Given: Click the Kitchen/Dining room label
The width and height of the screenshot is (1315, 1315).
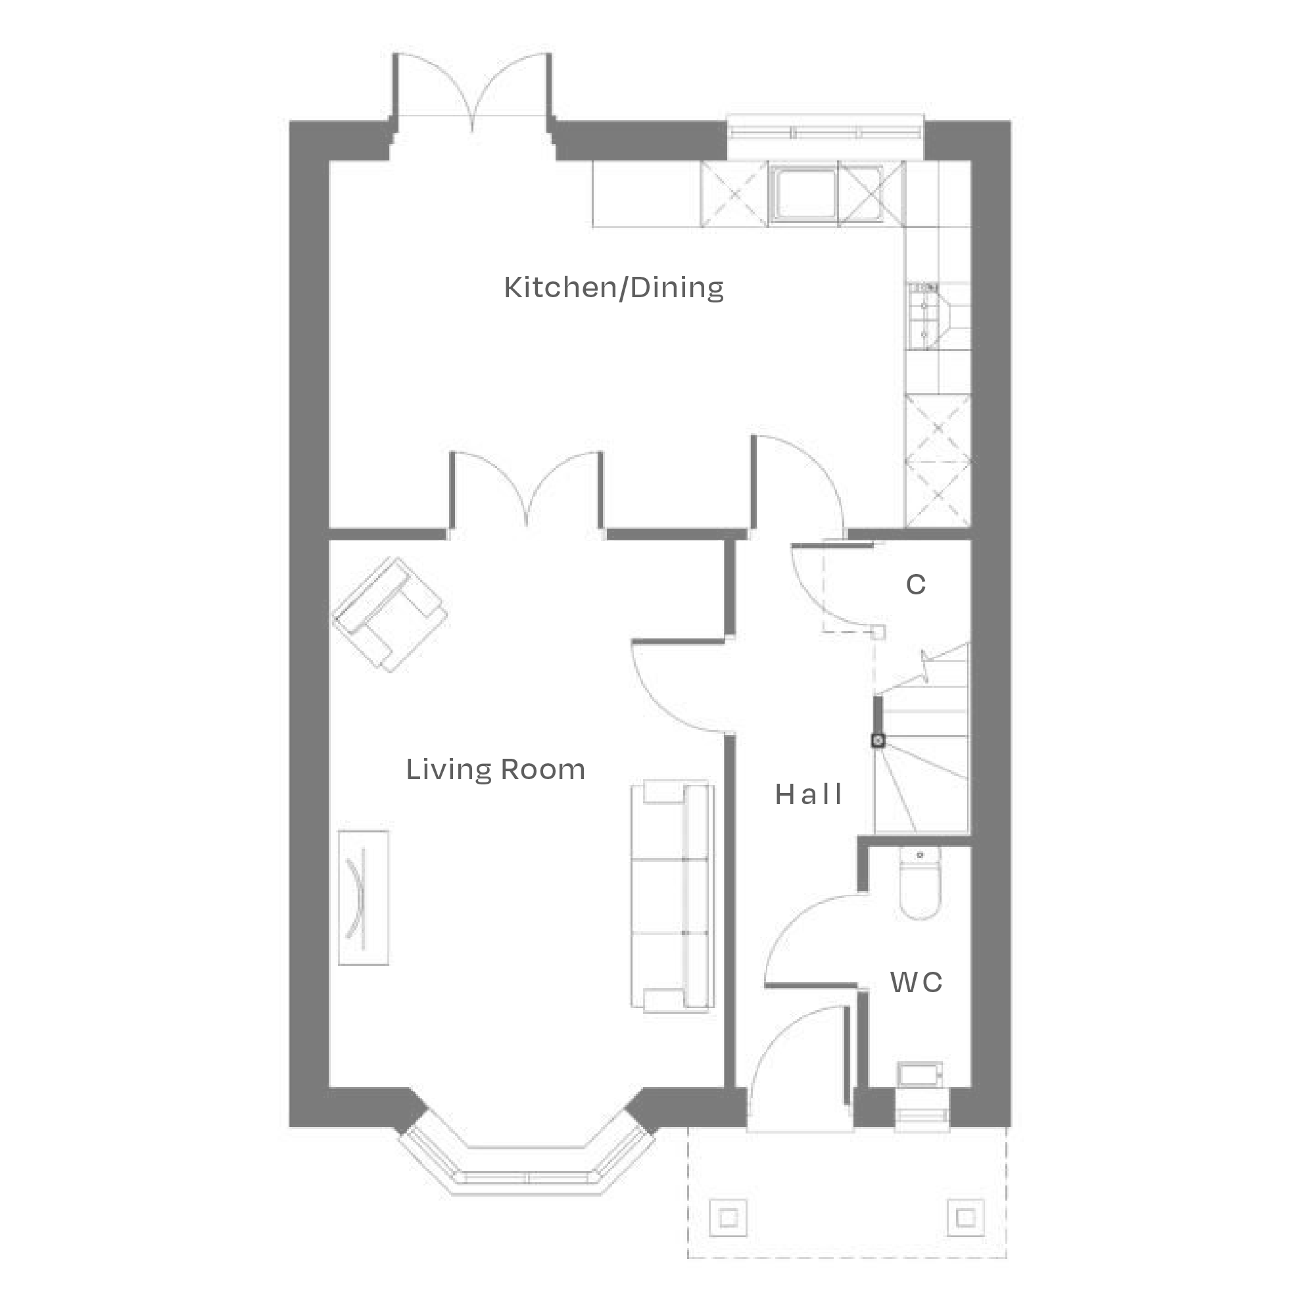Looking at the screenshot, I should tap(613, 288).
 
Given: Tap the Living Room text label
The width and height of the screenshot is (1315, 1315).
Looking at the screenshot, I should tap(496, 770).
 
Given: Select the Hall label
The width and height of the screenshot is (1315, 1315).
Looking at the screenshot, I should tap(808, 794).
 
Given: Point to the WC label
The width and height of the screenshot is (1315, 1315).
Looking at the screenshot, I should tap(916, 982).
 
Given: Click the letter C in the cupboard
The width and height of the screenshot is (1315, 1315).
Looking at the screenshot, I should tap(915, 585).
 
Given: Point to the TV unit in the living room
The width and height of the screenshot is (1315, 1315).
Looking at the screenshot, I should tap(364, 897).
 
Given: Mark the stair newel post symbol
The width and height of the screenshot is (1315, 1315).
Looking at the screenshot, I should tap(878, 740).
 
